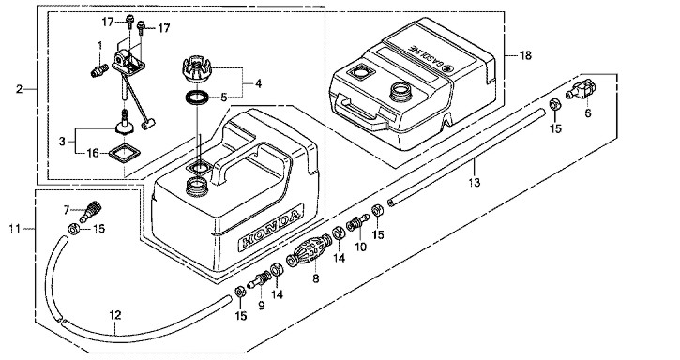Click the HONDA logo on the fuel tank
coord(270,229)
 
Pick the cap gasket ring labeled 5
coord(196,97)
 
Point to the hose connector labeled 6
coord(581,89)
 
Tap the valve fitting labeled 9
coord(259,278)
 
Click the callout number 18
coord(525,55)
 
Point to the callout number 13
coord(475,183)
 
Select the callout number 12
coord(115,315)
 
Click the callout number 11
coord(14,228)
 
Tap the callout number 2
coord(19,89)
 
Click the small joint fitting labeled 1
coord(99,69)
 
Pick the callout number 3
coord(62,142)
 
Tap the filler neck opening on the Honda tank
coord(198,187)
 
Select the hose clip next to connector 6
coord(554,105)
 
